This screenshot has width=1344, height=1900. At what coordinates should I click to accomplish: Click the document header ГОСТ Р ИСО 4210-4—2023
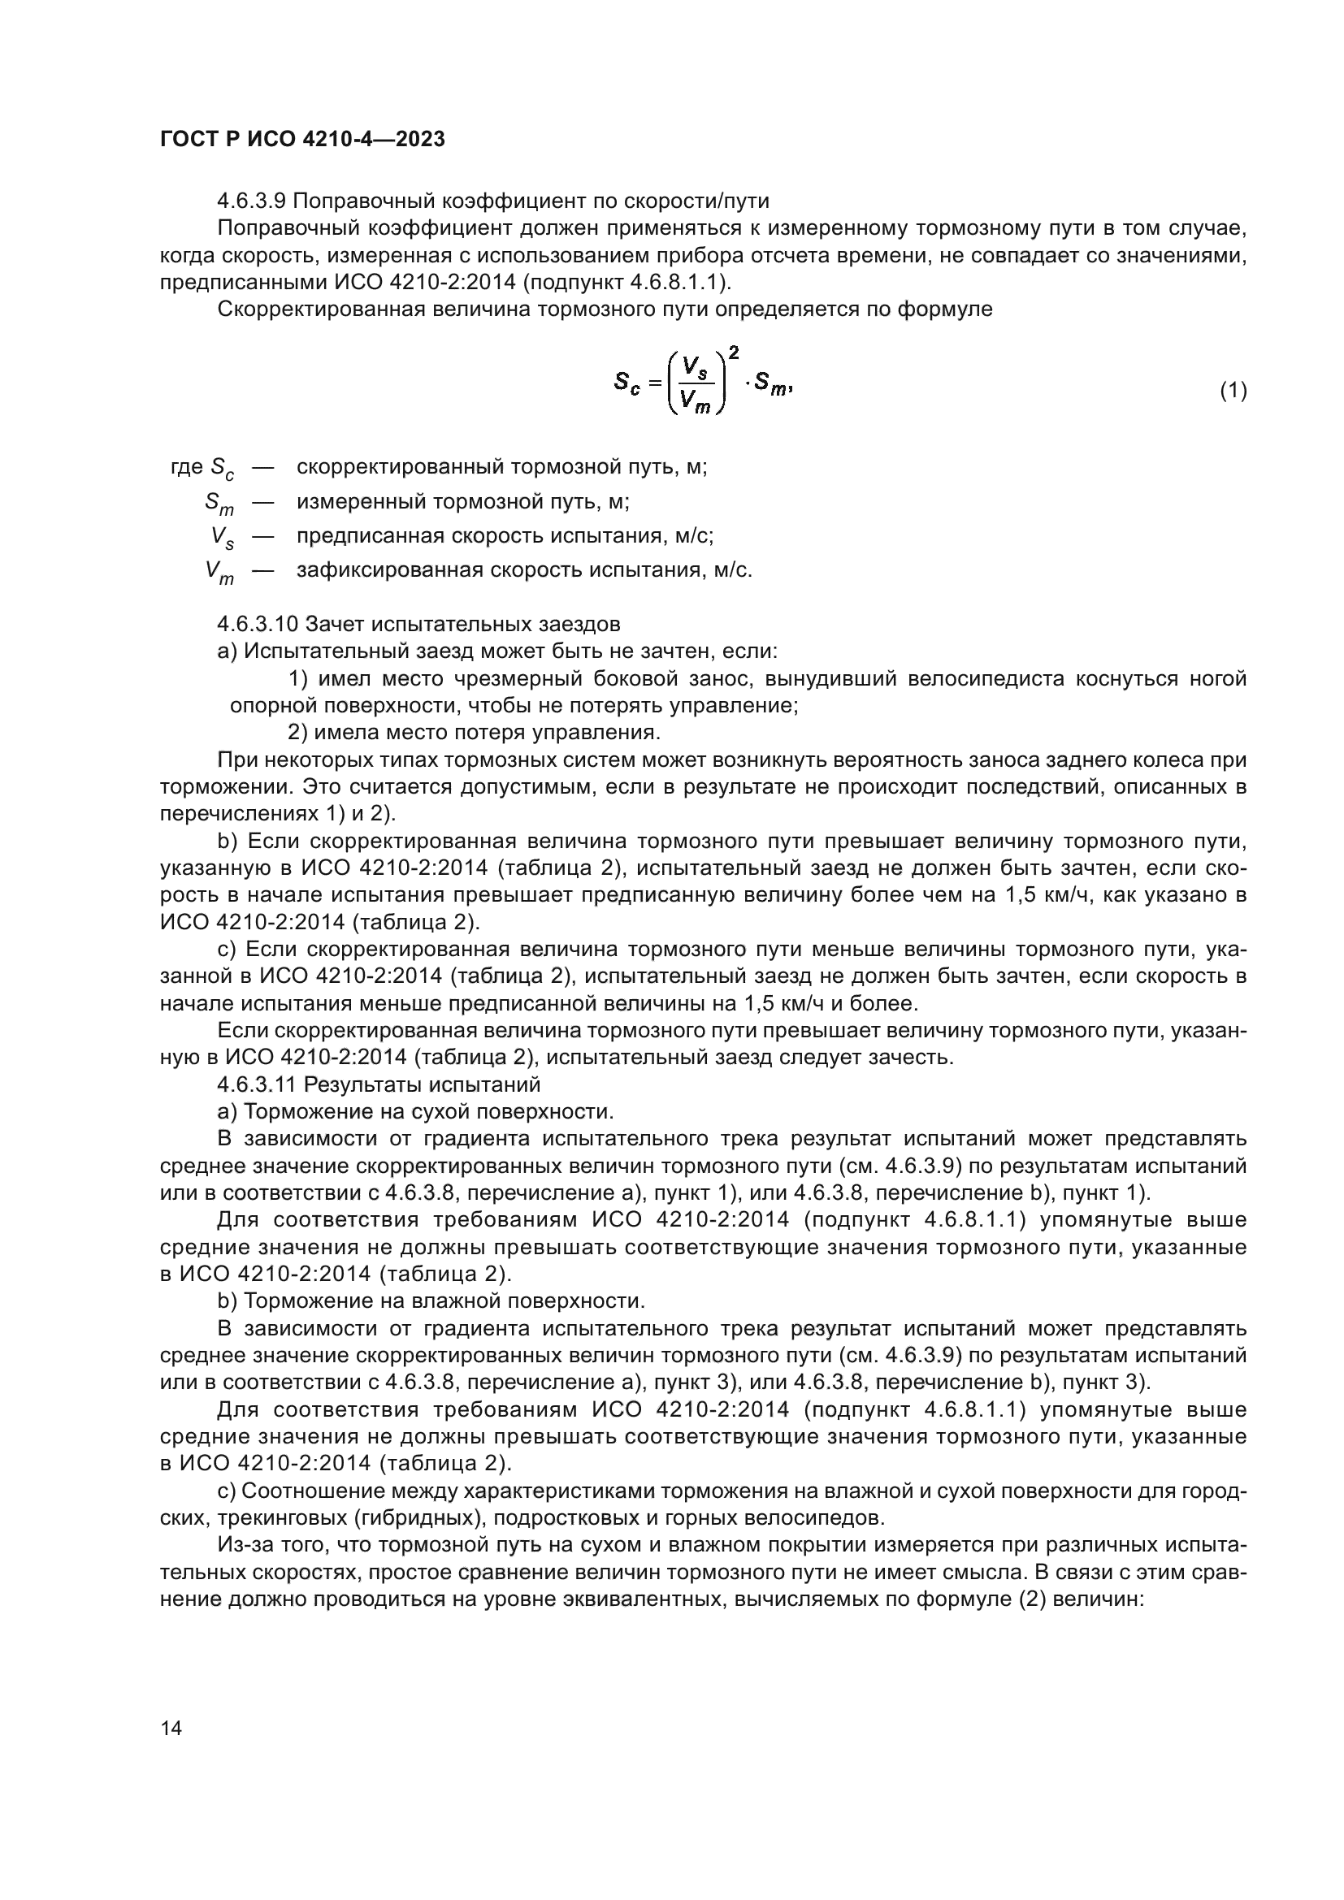click(302, 139)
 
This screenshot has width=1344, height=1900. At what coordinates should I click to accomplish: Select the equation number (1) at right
click(1233, 390)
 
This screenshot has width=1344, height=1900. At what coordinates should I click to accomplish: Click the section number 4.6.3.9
click(252, 201)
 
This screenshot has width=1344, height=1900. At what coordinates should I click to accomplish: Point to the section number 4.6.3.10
click(257, 623)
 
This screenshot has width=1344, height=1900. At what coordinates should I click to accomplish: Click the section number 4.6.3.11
click(257, 1084)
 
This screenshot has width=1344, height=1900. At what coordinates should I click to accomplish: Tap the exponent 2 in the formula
click(733, 353)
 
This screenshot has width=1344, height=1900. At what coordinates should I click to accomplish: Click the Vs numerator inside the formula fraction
click(694, 366)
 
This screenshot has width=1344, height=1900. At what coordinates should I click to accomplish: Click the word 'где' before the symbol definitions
click(187, 467)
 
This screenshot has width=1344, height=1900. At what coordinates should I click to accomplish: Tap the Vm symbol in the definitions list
click(219, 572)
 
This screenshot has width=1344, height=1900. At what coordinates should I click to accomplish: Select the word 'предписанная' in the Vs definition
click(372, 535)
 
